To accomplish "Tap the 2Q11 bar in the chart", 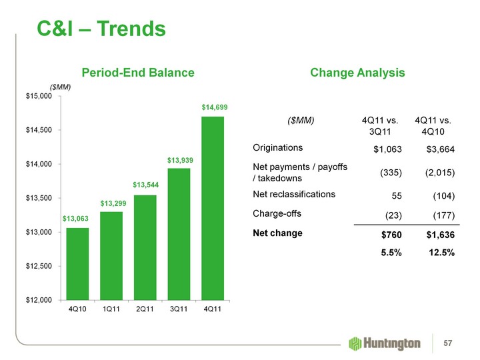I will click(x=145, y=247).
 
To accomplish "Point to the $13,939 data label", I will click(x=179, y=161).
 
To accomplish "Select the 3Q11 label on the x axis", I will click(x=179, y=309).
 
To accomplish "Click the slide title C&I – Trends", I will click(x=92, y=29).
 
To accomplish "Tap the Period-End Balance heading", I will click(x=138, y=72).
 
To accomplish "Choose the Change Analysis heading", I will click(x=357, y=72).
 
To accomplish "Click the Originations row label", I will click(x=278, y=147).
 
